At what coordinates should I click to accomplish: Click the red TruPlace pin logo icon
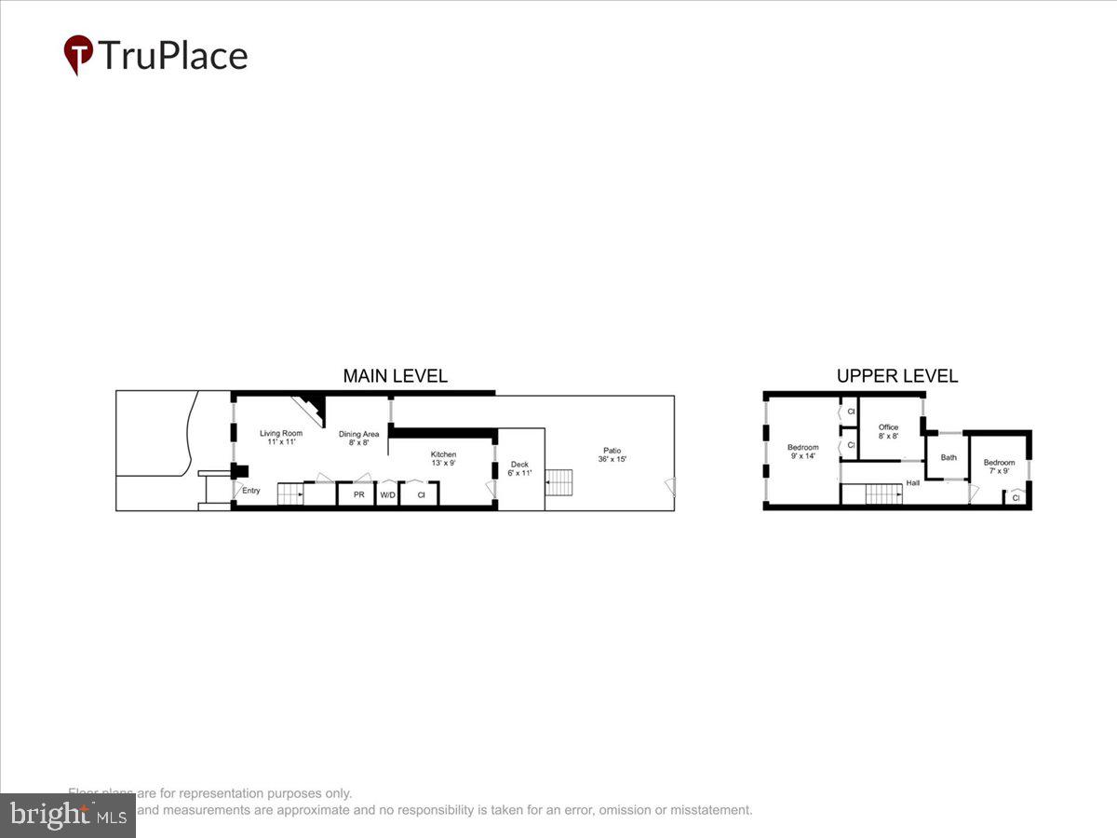pyautogui.click(x=78, y=54)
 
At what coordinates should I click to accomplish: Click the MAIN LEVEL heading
pyautogui.click(x=395, y=376)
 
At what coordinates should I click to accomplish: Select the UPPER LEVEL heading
pyautogui.click(x=896, y=376)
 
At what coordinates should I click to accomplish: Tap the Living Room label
pyautogui.click(x=280, y=437)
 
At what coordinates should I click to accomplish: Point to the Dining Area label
pyautogui.click(x=358, y=438)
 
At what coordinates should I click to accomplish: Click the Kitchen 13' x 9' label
pyautogui.click(x=443, y=458)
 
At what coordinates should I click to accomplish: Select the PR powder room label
pyautogui.click(x=358, y=494)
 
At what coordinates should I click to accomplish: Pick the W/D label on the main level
pyautogui.click(x=387, y=494)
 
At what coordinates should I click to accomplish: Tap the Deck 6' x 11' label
pyautogui.click(x=518, y=468)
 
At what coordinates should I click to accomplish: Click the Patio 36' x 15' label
pyautogui.click(x=612, y=454)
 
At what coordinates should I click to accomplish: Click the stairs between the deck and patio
pyautogui.click(x=558, y=482)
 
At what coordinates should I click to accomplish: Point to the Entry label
pyautogui.click(x=251, y=491)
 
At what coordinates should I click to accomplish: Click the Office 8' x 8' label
pyautogui.click(x=888, y=431)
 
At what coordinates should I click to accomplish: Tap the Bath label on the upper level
pyautogui.click(x=949, y=457)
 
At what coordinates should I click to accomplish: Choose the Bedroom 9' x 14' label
pyautogui.click(x=802, y=452)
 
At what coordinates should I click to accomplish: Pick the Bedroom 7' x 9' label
pyautogui.click(x=999, y=466)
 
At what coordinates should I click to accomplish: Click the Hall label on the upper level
pyautogui.click(x=912, y=482)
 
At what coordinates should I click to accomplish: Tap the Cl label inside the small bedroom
pyautogui.click(x=1016, y=498)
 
